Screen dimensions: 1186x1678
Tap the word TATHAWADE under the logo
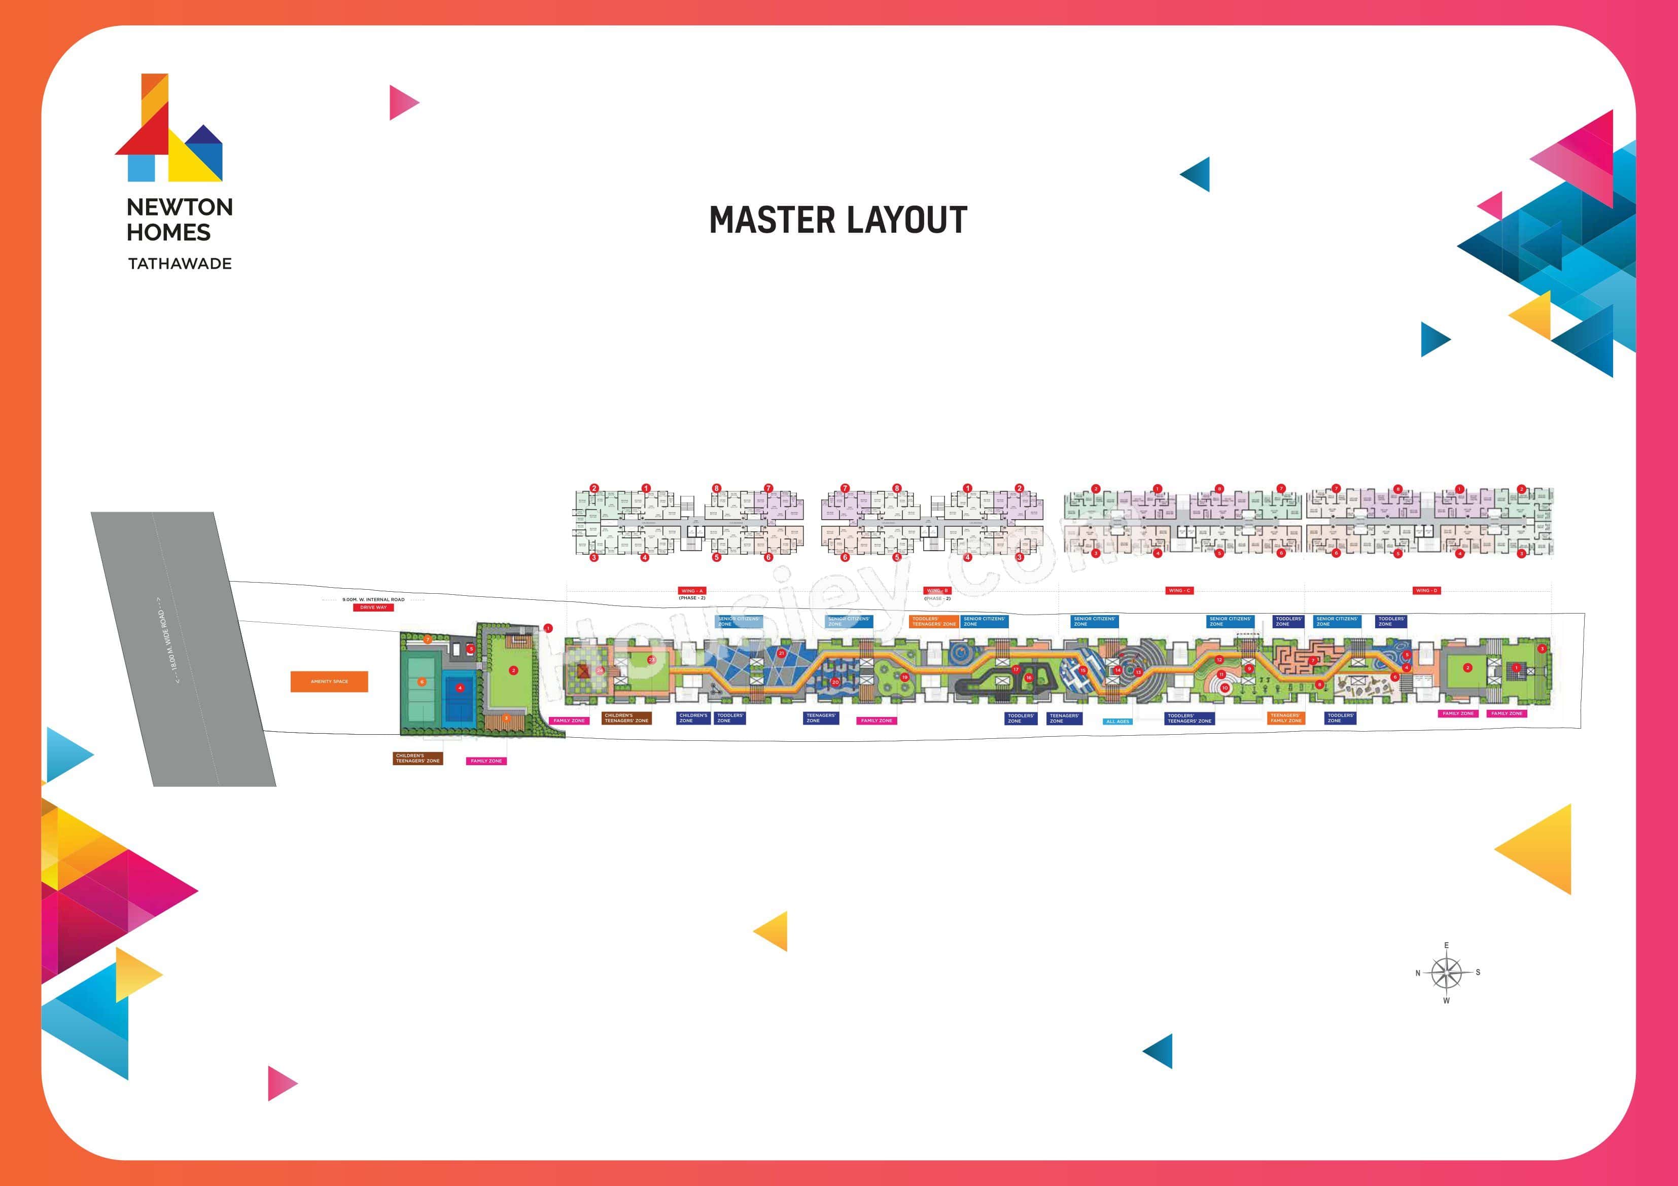pyautogui.click(x=180, y=264)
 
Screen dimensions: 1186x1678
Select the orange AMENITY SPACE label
pyautogui.click(x=329, y=681)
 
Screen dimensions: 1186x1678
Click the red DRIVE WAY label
pyautogui.click(x=373, y=607)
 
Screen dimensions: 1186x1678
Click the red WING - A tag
pyautogui.click(x=691, y=590)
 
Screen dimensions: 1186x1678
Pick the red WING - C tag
pyautogui.click(x=1179, y=590)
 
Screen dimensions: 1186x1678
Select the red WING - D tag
pyautogui.click(x=1426, y=590)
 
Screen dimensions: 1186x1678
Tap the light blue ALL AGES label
pyautogui.click(x=1117, y=721)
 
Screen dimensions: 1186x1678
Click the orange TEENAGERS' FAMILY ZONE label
pyautogui.click(x=1285, y=718)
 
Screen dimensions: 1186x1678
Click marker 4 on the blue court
pyautogui.click(x=460, y=688)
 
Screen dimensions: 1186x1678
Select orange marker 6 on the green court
pyautogui.click(x=422, y=682)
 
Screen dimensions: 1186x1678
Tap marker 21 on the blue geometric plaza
pyautogui.click(x=781, y=653)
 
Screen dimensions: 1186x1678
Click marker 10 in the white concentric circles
pyautogui.click(x=1225, y=688)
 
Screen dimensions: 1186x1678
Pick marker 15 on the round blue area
pyautogui.click(x=1083, y=670)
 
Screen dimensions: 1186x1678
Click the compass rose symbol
pyautogui.click(x=1446, y=973)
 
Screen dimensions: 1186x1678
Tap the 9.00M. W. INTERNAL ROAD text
pyautogui.click(x=373, y=599)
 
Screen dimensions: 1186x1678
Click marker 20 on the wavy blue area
pyautogui.click(x=835, y=682)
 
